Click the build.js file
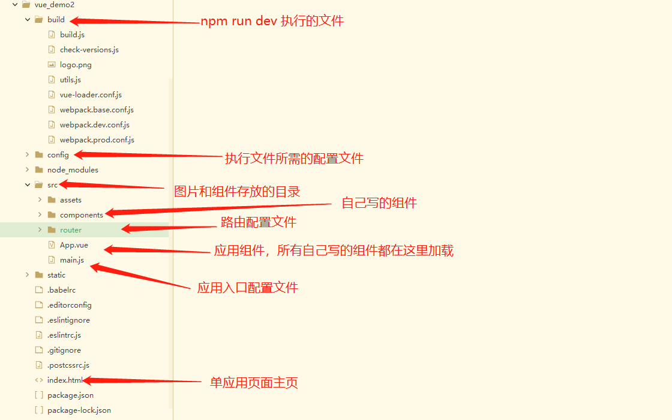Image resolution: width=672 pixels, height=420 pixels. (72, 35)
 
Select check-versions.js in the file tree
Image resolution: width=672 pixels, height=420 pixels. (89, 50)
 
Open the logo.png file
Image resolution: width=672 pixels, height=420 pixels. (76, 65)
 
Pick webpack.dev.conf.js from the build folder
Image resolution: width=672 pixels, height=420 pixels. (94, 125)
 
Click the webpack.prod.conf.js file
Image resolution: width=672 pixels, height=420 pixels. (97, 140)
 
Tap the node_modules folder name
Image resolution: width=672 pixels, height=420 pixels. (73, 170)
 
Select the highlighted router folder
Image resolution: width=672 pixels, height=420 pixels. (71, 230)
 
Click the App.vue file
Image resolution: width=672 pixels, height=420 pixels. (74, 245)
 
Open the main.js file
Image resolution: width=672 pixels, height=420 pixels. (71, 260)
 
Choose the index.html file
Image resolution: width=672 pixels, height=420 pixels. (65, 380)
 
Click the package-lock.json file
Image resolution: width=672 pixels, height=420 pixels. (79, 410)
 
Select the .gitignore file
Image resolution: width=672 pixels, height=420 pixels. (64, 350)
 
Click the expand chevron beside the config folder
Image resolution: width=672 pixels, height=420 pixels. (28, 155)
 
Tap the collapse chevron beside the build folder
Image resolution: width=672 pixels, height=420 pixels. (28, 20)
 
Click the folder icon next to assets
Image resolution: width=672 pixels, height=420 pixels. (52, 200)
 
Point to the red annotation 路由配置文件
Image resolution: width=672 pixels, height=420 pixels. (259, 222)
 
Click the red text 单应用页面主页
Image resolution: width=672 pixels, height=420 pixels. (254, 383)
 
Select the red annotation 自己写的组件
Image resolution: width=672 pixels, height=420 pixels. (379, 203)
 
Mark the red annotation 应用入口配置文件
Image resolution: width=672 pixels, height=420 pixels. (247, 288)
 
